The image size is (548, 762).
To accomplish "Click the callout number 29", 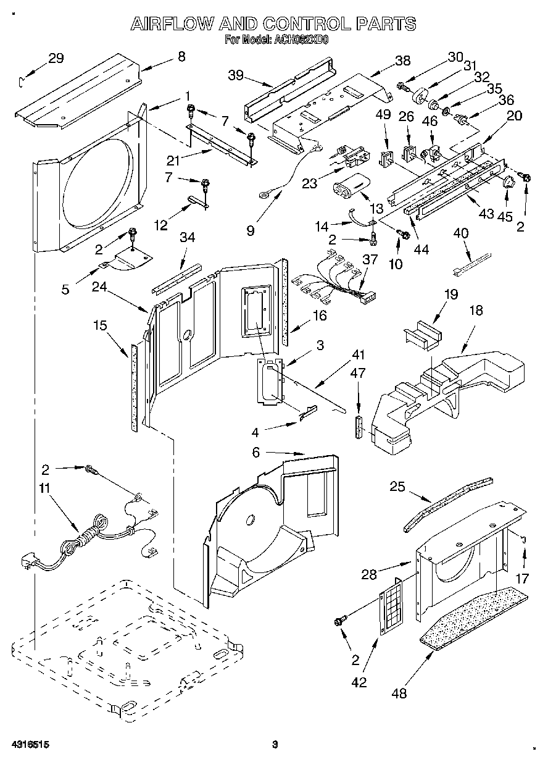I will [56, 59].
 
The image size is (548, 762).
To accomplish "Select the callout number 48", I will [400, 693].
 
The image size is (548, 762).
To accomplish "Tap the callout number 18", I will [476, 311].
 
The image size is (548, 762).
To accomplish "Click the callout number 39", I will [235, 75].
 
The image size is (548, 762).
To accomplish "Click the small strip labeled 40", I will [472, 262].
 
